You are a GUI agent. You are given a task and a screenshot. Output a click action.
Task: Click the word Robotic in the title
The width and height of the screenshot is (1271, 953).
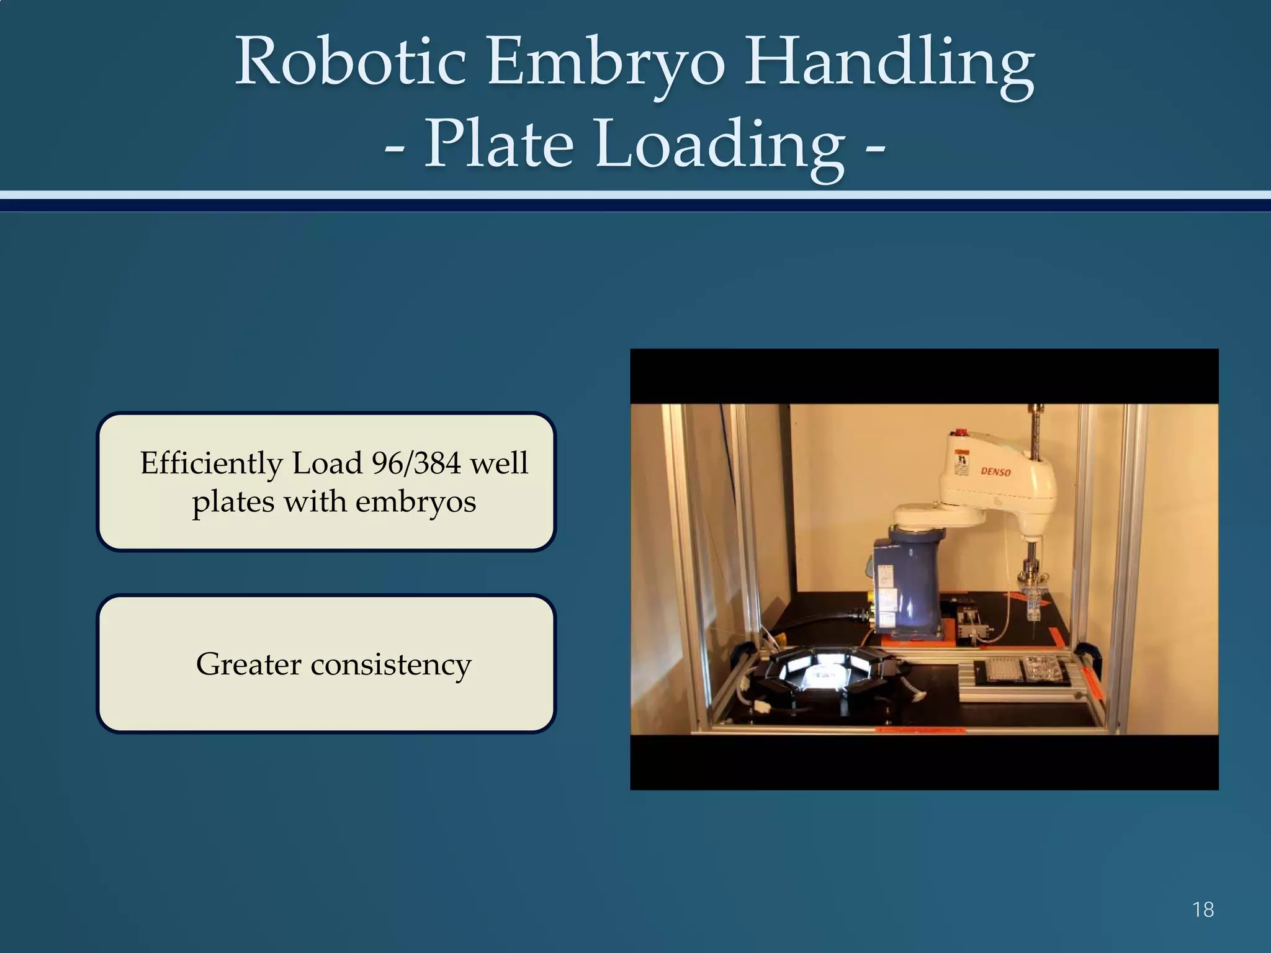351,62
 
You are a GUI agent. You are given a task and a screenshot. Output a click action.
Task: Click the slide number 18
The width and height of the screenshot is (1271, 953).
1203,910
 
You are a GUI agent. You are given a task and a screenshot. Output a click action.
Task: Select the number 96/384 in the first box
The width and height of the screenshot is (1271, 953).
416,463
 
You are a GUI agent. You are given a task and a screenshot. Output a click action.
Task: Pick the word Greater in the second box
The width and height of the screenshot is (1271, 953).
249,664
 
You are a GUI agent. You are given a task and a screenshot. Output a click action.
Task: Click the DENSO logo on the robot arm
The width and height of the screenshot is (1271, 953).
995,472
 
